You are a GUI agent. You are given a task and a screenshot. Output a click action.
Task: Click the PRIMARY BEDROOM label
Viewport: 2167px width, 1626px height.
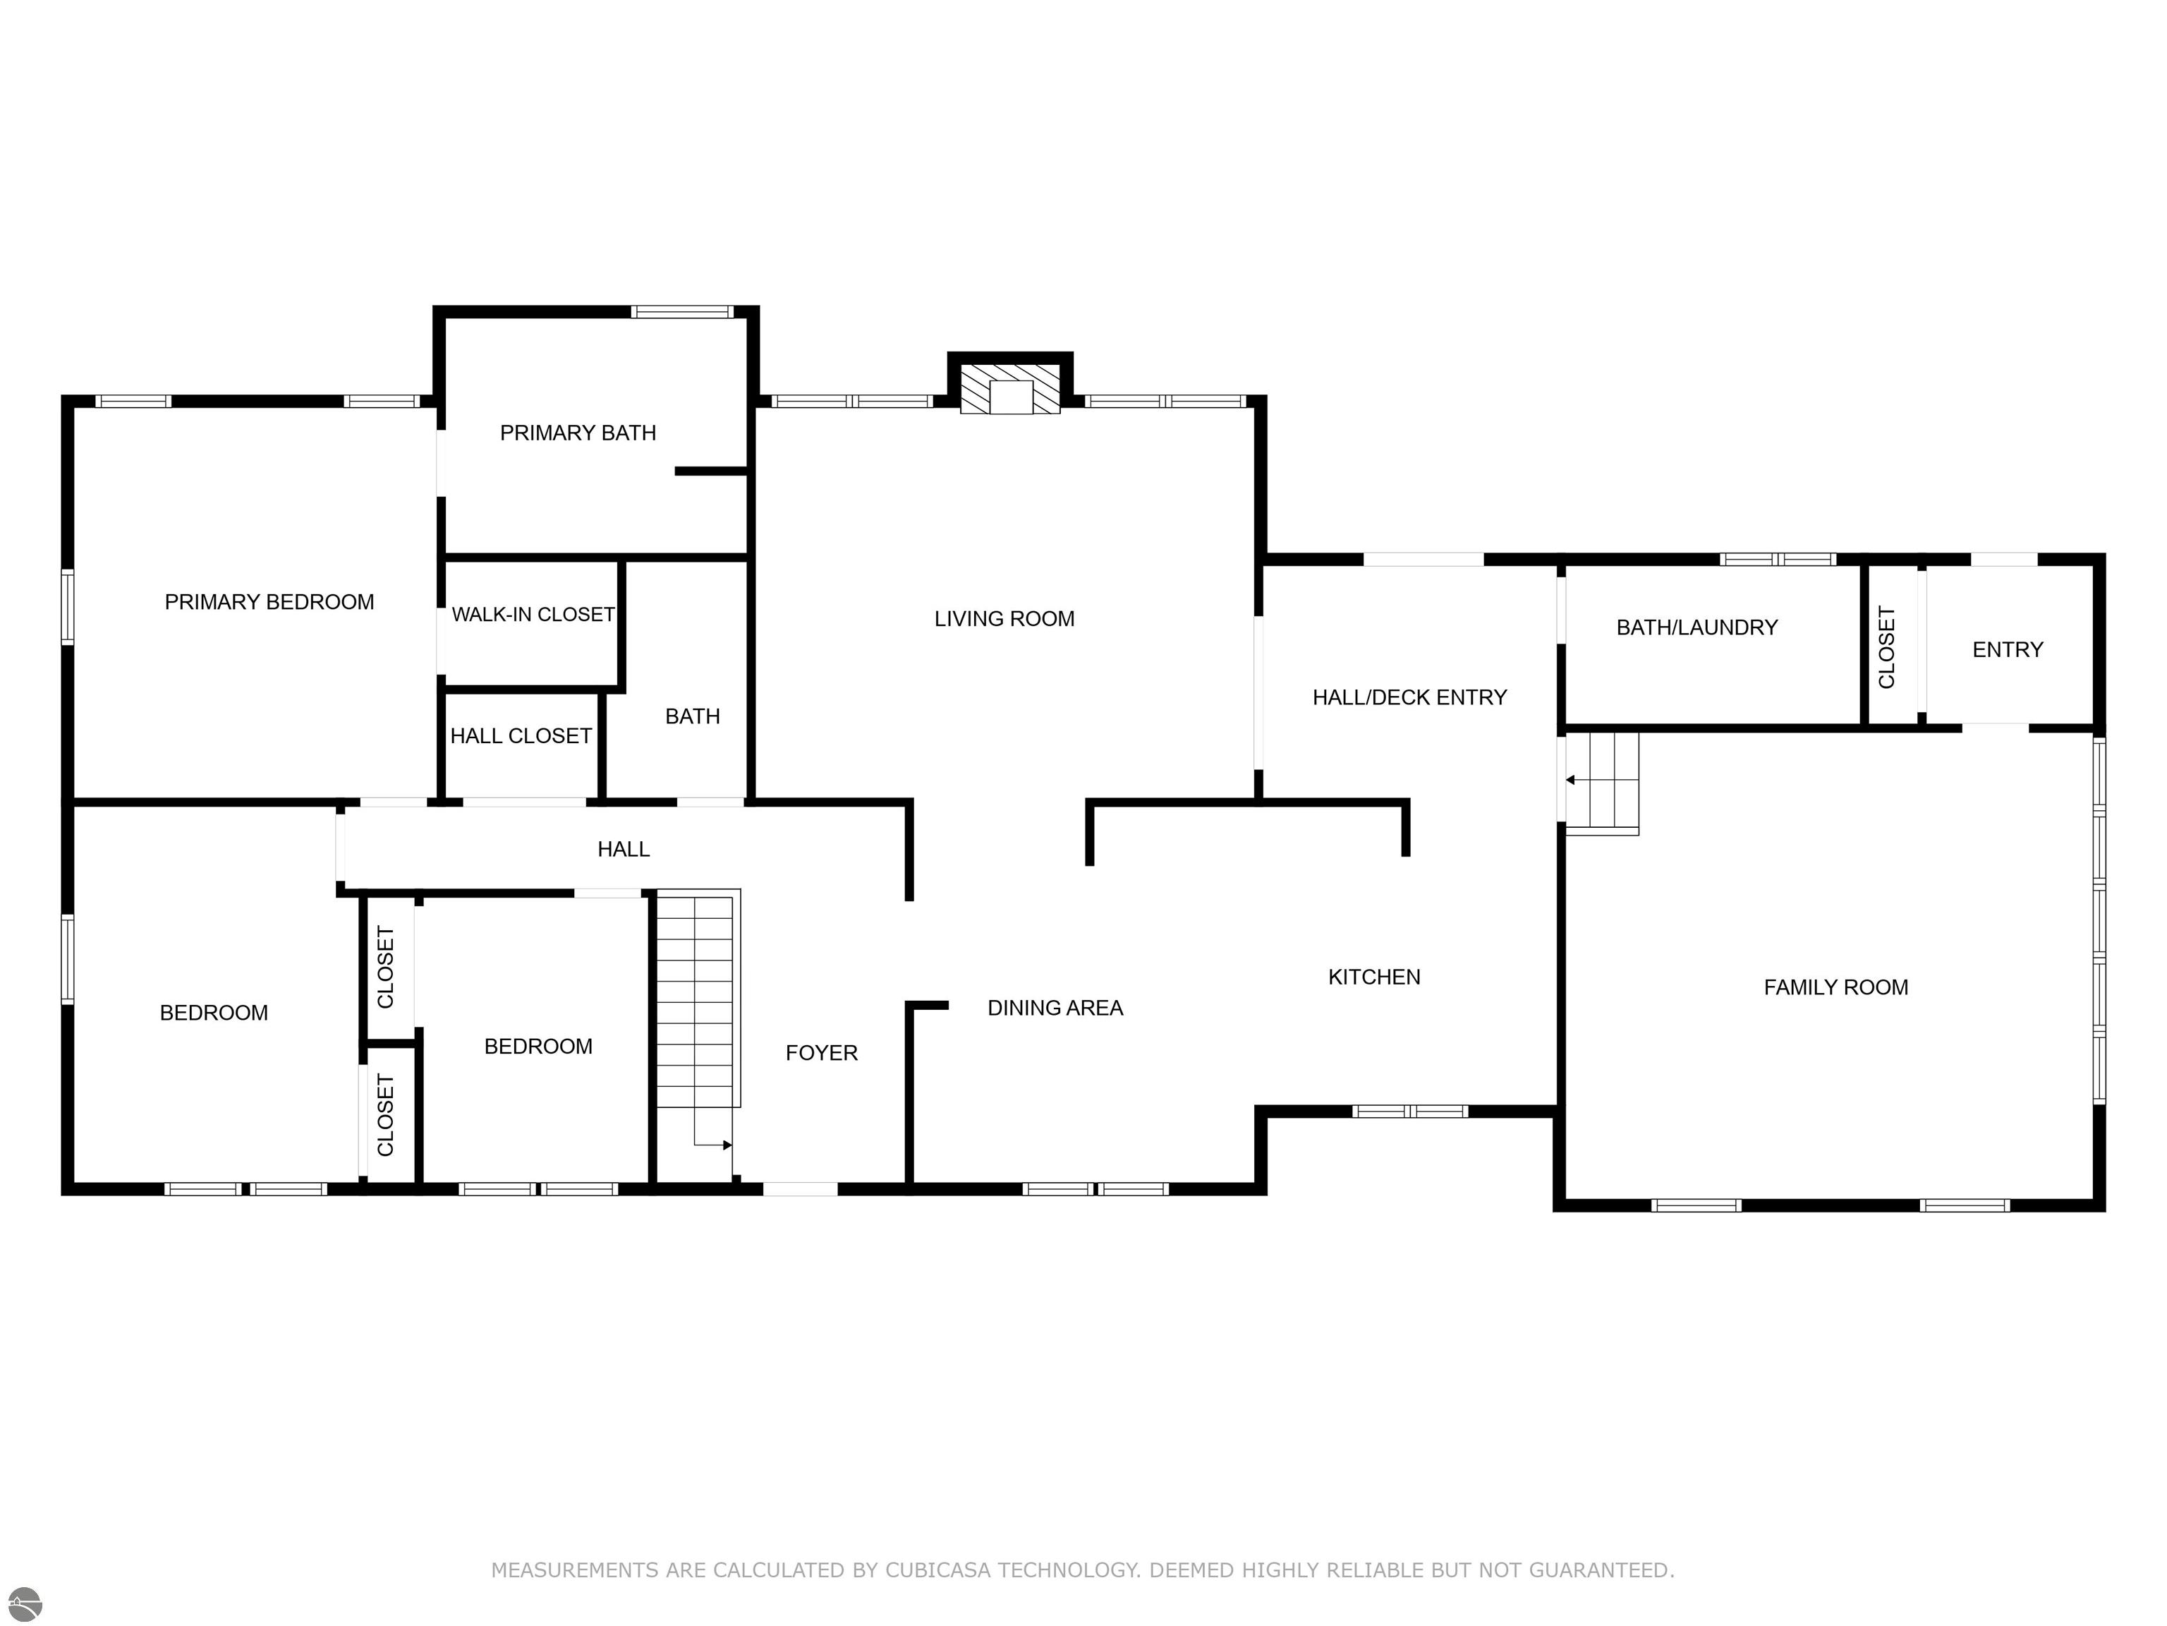click(269, 602)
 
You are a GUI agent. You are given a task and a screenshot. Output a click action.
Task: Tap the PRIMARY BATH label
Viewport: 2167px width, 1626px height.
click(578, 432)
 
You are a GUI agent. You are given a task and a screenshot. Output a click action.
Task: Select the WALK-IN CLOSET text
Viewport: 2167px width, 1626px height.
click(533, 615)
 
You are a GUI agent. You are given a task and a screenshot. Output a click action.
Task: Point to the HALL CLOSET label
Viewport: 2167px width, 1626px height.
click(521, 736)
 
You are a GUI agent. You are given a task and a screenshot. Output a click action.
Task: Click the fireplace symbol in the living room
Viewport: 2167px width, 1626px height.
click(1010, 389)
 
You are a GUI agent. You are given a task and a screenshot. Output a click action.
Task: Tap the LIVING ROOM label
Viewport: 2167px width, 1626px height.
click(1004, 618)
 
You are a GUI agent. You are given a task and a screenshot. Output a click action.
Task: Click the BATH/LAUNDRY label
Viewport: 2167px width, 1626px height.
click(1696, 627)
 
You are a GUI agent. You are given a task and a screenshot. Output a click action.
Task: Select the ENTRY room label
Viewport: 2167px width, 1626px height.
click(2008, 650)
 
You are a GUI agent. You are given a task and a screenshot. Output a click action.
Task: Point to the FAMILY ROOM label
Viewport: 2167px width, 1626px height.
click(1836, 987)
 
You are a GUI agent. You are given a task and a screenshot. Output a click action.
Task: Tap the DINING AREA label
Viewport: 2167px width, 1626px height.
click(1055, 1008)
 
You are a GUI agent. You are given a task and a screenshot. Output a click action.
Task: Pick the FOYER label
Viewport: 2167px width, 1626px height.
click(821, 1053)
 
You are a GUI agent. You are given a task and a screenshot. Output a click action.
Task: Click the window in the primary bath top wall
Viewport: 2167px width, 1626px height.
click(682, 313)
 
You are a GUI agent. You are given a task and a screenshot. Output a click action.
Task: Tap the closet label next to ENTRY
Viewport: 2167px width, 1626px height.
click(1887, 647)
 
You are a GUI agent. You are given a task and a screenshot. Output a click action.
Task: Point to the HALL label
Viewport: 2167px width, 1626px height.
click(624, 849)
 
